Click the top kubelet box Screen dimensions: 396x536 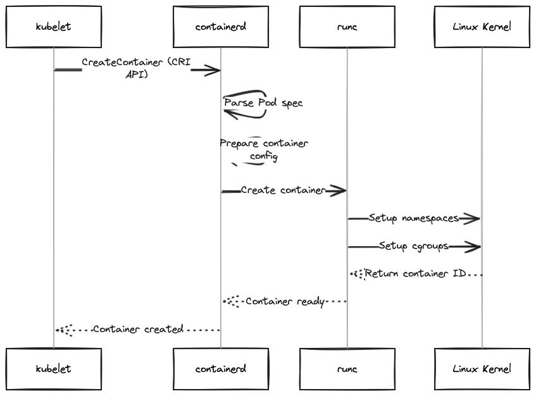(x=53, y=27)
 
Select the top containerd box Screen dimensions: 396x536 (x=221, y=27)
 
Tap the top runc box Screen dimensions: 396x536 (x=347, y=27)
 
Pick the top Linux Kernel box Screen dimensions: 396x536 (x=482, y=27)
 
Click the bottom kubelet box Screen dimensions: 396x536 (x=53, y=368)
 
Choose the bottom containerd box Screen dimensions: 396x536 (x=221, y=368)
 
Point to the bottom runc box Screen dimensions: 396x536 (x=347, y=368)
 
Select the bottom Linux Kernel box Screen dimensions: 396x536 (x=482, y=368)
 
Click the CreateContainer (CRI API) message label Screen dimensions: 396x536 (x=136, y=68)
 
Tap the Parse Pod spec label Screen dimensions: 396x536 (x=263, y=102)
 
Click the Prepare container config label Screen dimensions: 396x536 (x=264, y=149)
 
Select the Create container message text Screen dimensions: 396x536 (x=283, y=190)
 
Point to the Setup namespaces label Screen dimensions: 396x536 (x=414, y=218)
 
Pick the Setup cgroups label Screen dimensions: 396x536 (x=414, y=246)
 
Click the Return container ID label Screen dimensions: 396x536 (x=416, y=274)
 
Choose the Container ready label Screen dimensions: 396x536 (x=285, y=302)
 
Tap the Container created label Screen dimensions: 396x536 (x=138, y=329)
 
